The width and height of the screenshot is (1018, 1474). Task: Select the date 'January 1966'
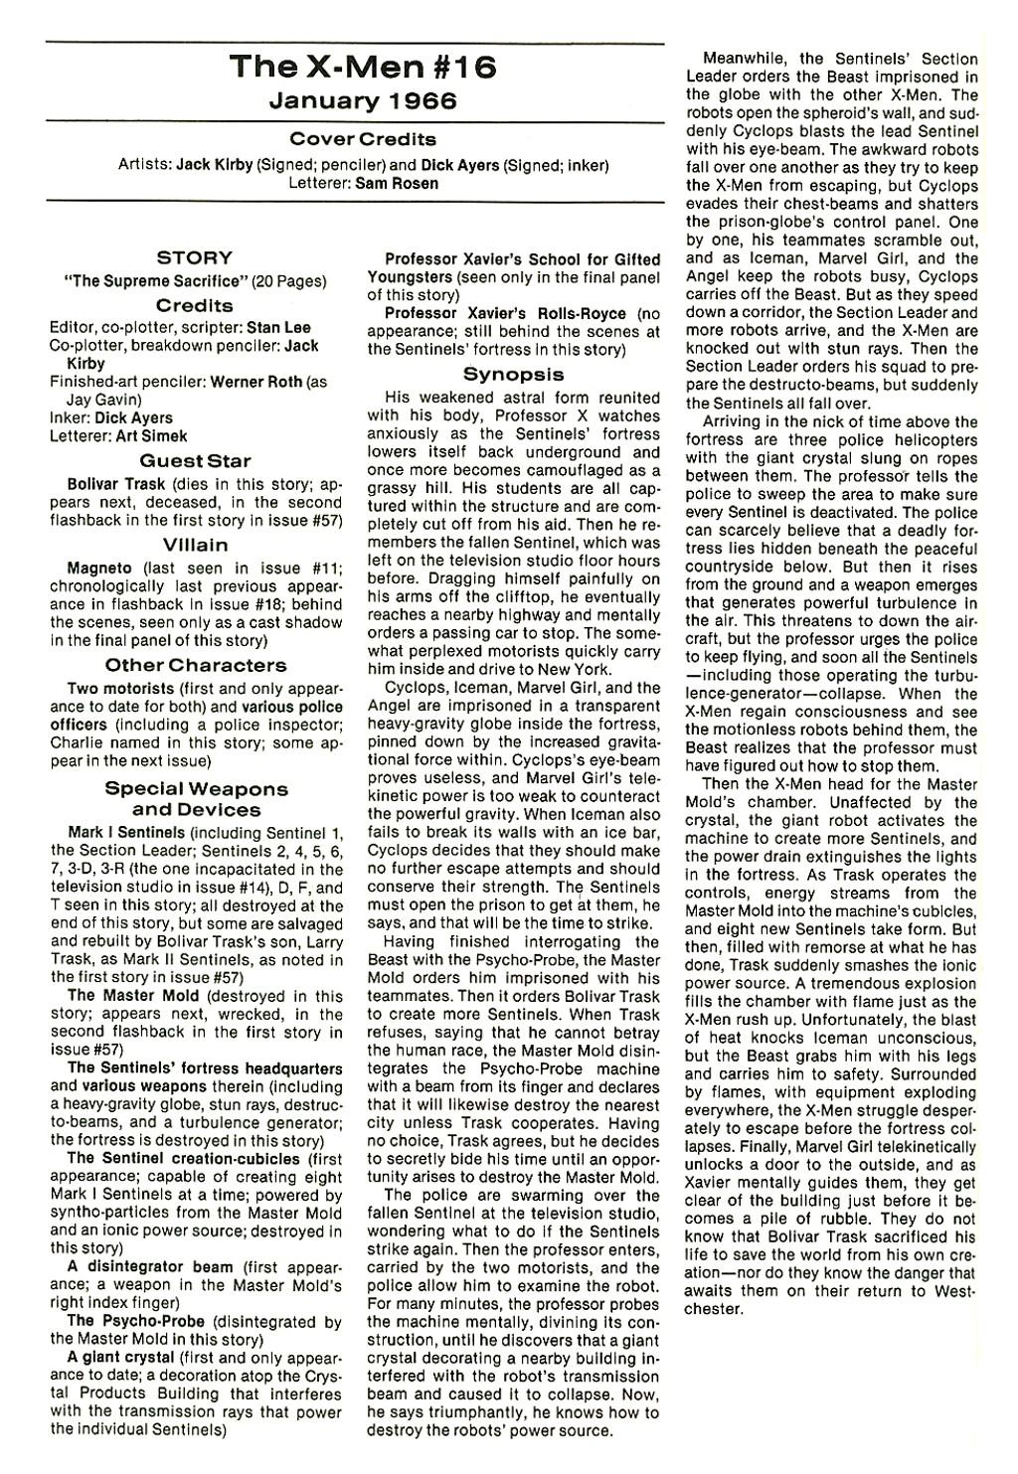(x=362, y=100)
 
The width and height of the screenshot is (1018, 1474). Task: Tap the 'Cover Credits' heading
(x=362, y=139)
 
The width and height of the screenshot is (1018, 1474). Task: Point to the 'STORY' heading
(x=195, y=258)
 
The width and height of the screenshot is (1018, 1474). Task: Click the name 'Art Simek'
(x=154, y=435)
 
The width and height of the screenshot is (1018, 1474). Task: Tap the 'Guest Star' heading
(x=195, y=461)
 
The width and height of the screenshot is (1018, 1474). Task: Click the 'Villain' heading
(x=195, y=546)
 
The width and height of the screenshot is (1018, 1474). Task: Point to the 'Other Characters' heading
(x=195, y=666)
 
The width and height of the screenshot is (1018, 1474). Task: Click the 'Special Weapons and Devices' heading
(x=196, y=799)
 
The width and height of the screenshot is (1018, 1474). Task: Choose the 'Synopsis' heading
(x=513, y=375)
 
